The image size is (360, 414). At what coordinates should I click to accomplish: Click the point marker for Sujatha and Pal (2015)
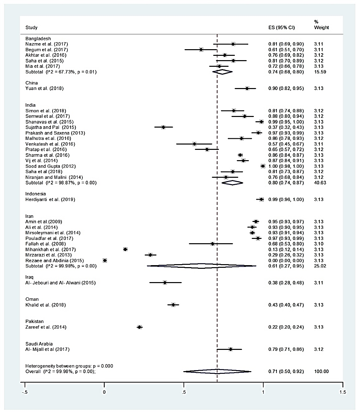tap(163, 127)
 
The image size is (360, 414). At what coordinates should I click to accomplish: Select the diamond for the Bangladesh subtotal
tap(222, 72)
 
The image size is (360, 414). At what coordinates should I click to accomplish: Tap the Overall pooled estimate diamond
tap(217, 371)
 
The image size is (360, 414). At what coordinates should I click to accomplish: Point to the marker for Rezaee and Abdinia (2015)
tap(105, 260)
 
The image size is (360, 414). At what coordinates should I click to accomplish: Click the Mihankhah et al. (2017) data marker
tap(125, 249)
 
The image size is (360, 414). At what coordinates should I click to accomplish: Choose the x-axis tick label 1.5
tap(343, 392)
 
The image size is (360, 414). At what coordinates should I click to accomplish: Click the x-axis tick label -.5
tap(25, 392)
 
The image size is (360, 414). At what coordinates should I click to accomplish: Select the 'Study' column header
tap(31, 28)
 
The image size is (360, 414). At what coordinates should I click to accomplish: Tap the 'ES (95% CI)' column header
tap(282, 28)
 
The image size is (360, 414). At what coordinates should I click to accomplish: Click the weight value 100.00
tap(321, 371)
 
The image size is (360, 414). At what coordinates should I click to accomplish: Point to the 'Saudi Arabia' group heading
tap(39, 344)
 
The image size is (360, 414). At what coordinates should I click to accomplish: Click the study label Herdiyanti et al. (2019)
tap(50, 199)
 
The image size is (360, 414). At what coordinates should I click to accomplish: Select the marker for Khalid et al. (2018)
tap(173, 305)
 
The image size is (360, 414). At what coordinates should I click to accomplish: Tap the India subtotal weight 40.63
tap(320, 183)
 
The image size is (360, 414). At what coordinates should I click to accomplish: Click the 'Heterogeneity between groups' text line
tap(69, 366)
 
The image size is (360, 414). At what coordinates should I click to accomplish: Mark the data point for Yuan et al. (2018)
tap(247, 88)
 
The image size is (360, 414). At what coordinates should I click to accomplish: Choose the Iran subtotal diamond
tap(201, 266)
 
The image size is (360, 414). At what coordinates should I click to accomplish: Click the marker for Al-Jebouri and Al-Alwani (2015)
tap(165, 283)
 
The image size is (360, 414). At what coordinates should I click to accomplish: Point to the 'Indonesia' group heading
tap(36, 194)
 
